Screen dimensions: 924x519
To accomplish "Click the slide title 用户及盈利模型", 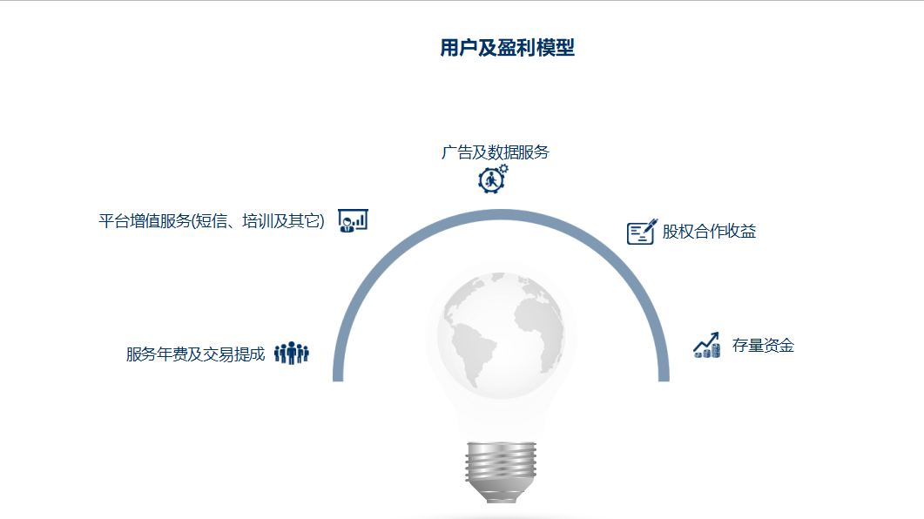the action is click(508, 48).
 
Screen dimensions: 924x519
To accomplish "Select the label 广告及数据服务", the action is click(495, 152).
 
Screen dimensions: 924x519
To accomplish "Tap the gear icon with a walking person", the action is click(493, 179).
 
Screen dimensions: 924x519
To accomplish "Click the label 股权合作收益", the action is click(709, 232).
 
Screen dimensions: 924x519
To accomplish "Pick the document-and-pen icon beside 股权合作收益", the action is click(642, 232).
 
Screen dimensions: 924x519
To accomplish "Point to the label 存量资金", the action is click(763, 345).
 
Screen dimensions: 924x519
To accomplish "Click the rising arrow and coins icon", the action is click(706, 345).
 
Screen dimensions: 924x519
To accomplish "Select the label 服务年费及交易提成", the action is click(196, 354).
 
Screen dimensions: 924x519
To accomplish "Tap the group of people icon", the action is click(292, 354).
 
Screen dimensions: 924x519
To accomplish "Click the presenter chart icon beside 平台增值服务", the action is click(353, 221).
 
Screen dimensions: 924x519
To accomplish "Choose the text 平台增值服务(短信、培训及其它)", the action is click(212, 221).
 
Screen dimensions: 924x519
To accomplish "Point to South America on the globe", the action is click(473, 354).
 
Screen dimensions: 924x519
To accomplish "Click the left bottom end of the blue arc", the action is click(338, 377).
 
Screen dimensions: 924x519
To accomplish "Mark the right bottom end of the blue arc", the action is click(664, 377).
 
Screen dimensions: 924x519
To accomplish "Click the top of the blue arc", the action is click(501, 214).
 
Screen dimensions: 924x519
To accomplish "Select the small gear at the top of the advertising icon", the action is click(503, 168).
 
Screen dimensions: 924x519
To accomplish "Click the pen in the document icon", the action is click(651, 226).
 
